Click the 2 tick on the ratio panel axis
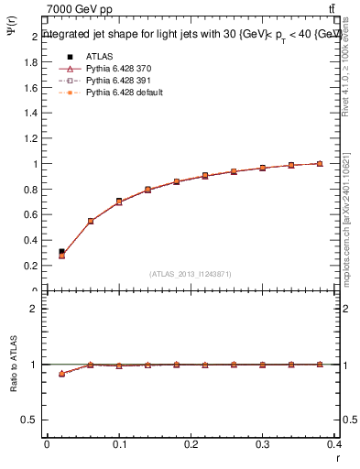tap(34, 309)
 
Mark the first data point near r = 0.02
tap(61, 254)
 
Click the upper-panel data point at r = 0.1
tap(119, 202)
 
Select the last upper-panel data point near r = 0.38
tap(320, 164)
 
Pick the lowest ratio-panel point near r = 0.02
tap(61, 374)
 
